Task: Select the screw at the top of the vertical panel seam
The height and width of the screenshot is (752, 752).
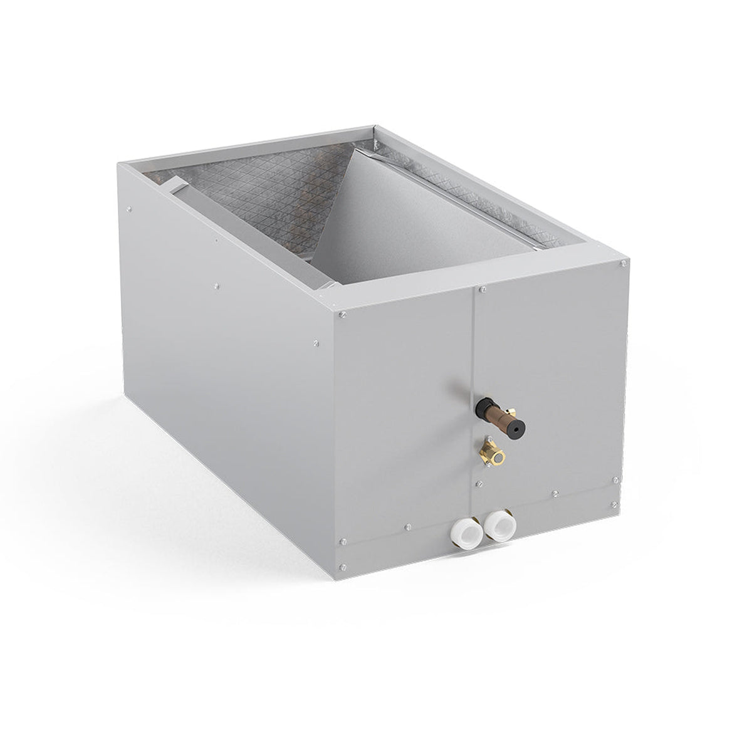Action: tap(483, 290)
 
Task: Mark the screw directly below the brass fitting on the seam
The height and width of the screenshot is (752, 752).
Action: tap(478, 483)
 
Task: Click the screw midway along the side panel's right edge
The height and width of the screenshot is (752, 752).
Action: tap(316, 343)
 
